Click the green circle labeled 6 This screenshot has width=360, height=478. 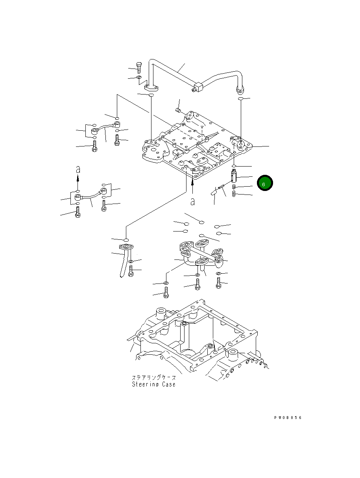click(265, 183)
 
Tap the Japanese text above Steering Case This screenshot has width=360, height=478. click(154, 378)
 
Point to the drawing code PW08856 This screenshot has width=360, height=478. click(288, 418)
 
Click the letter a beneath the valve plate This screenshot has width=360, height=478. click(192, 202)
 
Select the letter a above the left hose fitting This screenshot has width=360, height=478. click(78, 169)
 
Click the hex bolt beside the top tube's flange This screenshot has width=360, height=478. click(138, 68)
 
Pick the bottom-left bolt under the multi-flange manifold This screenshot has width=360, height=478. click(166, 293)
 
